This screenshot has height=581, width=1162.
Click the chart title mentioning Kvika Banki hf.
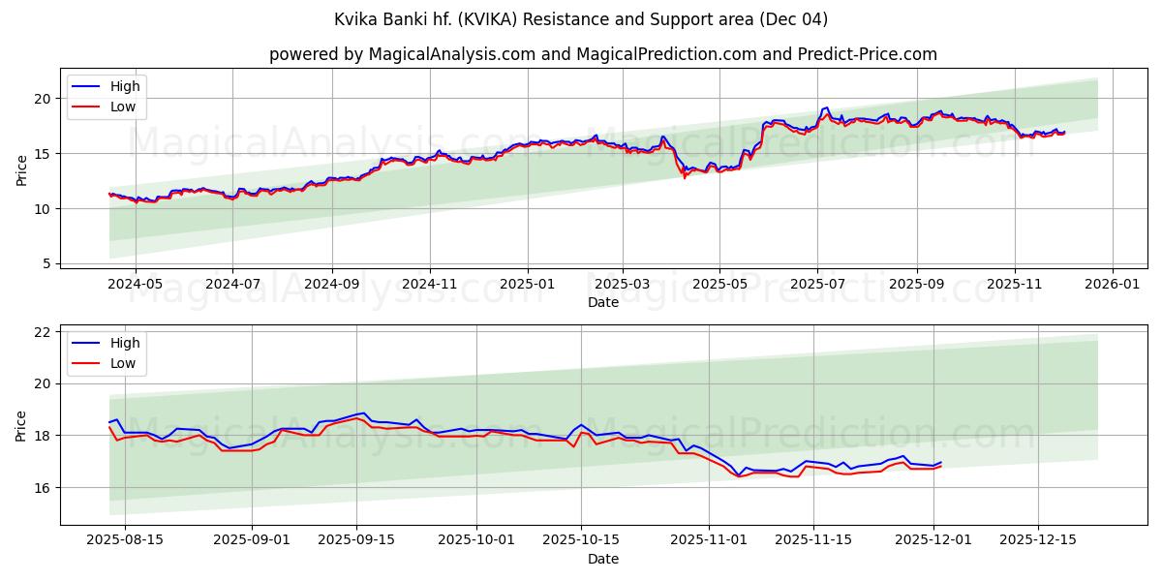pyautogui.click(x=581, y=19)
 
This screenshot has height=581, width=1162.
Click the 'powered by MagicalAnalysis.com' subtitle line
pyautogui.click(x=602, y=54)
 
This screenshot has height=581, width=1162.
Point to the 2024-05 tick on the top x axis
pyautogui.click(x=135, y=285)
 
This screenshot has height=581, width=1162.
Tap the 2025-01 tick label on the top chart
pyautogui.click(x=528, y=285)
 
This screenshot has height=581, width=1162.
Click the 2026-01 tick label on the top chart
pyautogui.click(x=1112, y=285)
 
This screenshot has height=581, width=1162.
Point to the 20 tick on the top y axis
pyautogui.click(x=42, y=98)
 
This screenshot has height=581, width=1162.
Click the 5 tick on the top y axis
pyautogui.click(x=46, y=263)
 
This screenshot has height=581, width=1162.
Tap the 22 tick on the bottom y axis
pyautogui.click(x=42, y=332)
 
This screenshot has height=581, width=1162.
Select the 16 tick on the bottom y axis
pyautogui.click(x=42, y=487)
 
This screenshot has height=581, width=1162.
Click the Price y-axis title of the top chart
pyautogui.click(x=22, y=169)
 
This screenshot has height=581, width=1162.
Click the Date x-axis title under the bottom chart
pyautogui.click(x=602, y=559)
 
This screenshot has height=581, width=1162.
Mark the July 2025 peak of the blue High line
pyautogui.click(x=826, y=107)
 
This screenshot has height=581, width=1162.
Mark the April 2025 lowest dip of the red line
pyautogui.click(x=685, y=177)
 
